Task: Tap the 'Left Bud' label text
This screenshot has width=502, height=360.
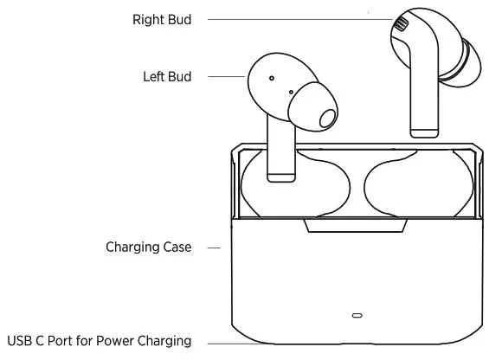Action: [167, 76]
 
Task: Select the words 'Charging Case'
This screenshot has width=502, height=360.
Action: [149, 247]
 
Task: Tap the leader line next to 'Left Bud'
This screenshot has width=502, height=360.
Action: [227, 76]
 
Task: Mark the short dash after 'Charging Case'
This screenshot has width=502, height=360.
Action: [212, 247]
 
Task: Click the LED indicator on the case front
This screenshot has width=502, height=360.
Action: [357, 315]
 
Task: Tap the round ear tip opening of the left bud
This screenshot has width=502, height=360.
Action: [325, 118]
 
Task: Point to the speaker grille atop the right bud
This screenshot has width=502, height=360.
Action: [400, 23]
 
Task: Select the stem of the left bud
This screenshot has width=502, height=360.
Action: [280, 147]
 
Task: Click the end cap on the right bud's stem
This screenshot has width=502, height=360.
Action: [423, 131]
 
